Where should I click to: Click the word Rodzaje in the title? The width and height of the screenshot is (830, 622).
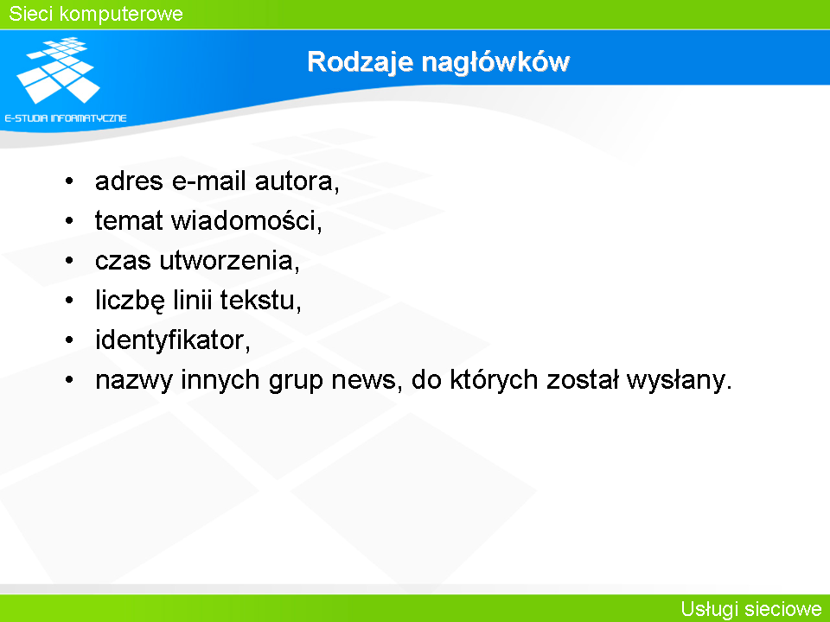[360, 62]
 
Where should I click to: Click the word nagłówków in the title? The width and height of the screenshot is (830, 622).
[495, 62]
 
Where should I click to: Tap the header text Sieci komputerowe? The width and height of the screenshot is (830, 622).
[96, 14]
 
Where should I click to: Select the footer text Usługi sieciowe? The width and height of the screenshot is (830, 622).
[751, 609]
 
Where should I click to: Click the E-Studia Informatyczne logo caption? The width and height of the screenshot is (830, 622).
[66, 118]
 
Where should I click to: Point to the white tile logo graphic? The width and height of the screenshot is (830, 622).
[58, 70]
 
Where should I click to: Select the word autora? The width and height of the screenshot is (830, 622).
[297, 181]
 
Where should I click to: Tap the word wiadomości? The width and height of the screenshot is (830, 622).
[246, 220]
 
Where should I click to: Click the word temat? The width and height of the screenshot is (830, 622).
[129, 220]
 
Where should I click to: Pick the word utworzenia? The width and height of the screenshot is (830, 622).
[229, 261]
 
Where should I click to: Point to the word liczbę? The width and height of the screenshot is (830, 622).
[131, 301]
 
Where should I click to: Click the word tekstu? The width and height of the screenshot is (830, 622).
[260, 301]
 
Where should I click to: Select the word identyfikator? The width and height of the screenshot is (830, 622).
[173, 340]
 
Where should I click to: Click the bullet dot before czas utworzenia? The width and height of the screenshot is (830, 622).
[69, 261]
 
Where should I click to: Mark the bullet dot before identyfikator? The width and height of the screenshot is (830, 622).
[69, 340]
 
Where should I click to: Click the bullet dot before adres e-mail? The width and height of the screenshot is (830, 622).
[69, 181]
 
